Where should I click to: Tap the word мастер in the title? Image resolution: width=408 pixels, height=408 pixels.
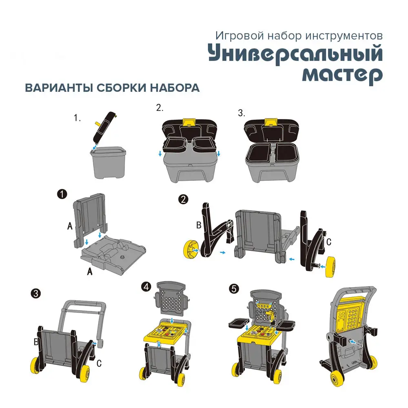pyautogui.click(x=342, y=75)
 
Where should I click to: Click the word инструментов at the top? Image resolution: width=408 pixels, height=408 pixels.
pyautogui.click(x=344, y=36)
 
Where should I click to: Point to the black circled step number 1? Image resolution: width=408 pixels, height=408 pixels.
pyautogui.click(x=62, y=194)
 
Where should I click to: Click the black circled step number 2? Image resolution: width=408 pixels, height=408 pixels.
pyautogui.click(x=184, y=200)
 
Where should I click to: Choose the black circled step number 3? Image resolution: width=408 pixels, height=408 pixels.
pyautogui.click(x=35, y=294)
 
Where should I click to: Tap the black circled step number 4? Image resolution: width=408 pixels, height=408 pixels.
pyautogui.click(x=146, y=287)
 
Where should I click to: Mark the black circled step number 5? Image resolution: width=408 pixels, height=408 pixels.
pyautogui.click(x=234, y=289)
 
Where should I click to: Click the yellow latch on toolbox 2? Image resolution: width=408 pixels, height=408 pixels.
pyautogui.click(x=189, y=123)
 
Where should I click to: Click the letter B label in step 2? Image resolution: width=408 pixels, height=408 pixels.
pyautogui.click(x=199, y=225)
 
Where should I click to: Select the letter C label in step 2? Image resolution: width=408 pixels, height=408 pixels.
pyautogui.click(x=328, y=242)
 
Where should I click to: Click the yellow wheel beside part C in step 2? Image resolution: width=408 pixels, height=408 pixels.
pyautogui.click(x=330, y=267)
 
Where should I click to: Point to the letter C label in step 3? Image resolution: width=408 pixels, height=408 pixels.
pyautogui.click(x=99, y=363)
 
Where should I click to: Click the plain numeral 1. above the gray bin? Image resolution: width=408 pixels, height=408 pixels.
pyautogui.click(x=77, y=118)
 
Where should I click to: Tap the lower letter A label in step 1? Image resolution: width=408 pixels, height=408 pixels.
pyautogui.click(x=90, y=271)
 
